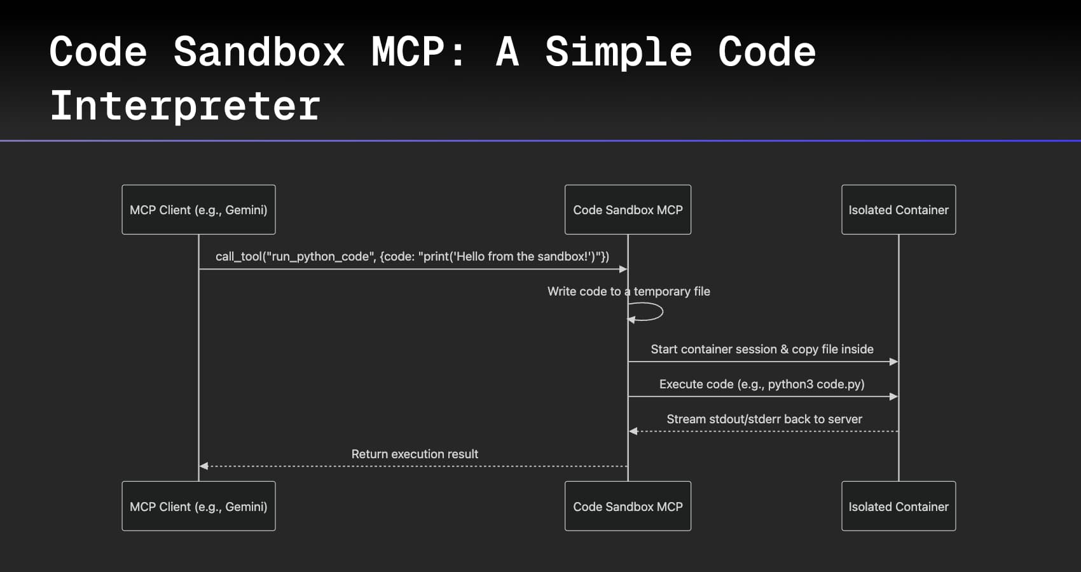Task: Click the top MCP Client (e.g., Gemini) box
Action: click(x=198, y=210)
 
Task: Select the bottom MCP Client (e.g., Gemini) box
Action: click(x=198, y=507)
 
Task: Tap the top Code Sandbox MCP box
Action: click(x=628, y=210)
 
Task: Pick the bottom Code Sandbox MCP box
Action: click(x=628, y=507)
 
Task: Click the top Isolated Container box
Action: click(x=898, y=210)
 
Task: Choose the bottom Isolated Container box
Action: click(x=898, y=507)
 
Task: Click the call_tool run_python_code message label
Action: click(x=412, y=256)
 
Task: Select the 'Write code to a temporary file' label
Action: click(x=628, y=291)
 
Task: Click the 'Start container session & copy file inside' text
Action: click(x=762, y=349)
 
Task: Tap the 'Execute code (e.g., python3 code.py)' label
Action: click(x=762, y=384)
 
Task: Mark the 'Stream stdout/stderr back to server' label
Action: click(x=764, y=419)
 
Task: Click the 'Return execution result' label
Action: click(x=415, y=454)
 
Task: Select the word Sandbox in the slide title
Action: click(x=259, y=51)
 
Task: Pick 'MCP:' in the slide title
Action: click(x=418, y=51)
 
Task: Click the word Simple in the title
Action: click(x=618, y=51)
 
